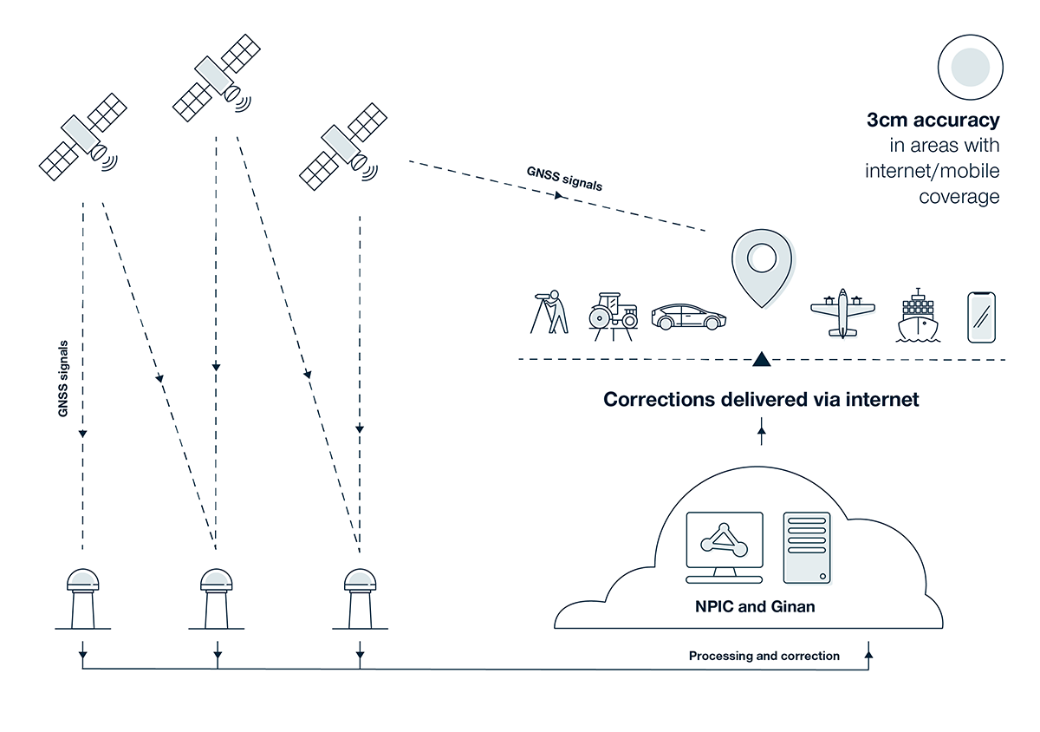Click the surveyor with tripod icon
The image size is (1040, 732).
(549, 312)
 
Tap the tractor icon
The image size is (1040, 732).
(613, 314)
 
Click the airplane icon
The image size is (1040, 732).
(842, 313)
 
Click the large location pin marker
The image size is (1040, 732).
(762, 265)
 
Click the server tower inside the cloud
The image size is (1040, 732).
(806, 546)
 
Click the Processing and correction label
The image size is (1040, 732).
(764, 656)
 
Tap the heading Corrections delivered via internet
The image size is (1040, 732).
(761, 400)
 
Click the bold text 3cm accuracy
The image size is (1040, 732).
(933, 121)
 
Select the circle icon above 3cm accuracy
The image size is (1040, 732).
(970, 67)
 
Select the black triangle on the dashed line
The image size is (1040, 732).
(761, 357)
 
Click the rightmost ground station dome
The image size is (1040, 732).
(359, 578)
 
